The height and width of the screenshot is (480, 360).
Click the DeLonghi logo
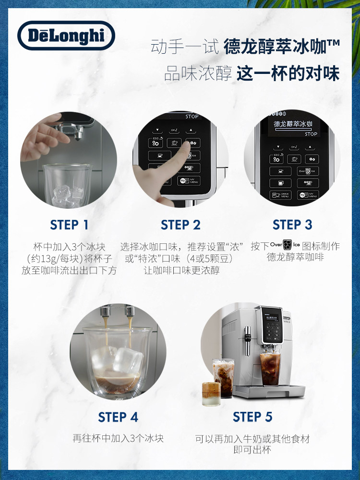tap(66, 36)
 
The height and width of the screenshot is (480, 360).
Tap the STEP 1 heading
tap(69, 225)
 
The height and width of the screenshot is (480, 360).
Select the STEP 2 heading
tap(180, 225)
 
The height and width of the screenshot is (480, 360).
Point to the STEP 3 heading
tap(292, 225)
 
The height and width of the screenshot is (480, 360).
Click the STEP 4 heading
tap(118, 417)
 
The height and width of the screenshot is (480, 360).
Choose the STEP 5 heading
tap(252, 417)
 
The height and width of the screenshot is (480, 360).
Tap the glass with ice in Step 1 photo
tap(67, 185)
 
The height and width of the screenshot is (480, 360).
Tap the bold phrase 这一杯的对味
tap(288, 73)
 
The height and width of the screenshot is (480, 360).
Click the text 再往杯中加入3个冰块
tap(118, 438)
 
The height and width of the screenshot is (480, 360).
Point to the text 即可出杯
tap(252, 450)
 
